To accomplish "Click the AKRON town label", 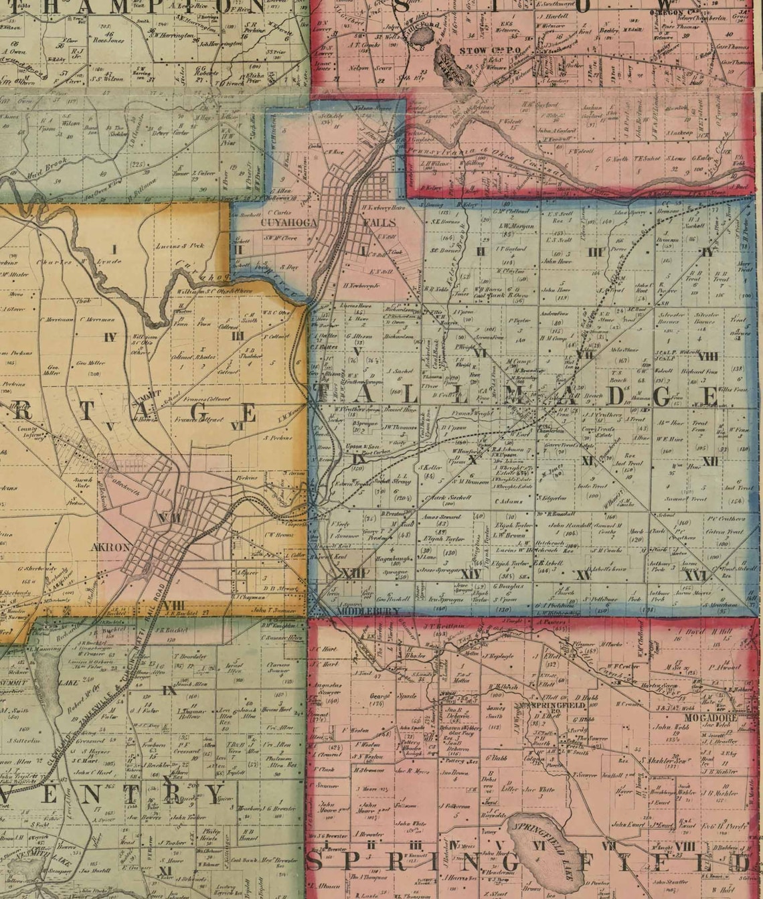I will [x=114, y=546].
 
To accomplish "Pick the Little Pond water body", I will [x=420, y=37].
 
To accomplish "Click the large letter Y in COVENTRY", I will [x=213, y=795].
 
